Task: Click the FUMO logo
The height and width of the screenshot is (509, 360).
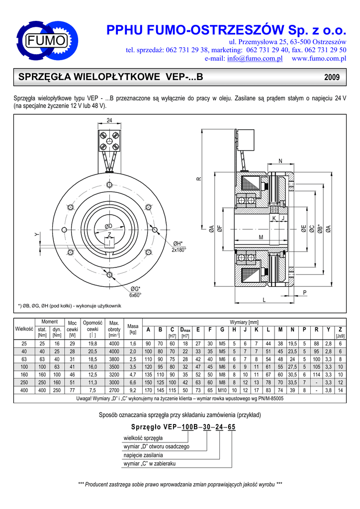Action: click(47, 40)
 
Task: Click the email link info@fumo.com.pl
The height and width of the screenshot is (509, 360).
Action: click(255, 59)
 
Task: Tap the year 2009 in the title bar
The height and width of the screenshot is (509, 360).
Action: click(332, 77)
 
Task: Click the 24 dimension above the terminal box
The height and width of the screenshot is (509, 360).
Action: click(109, 120)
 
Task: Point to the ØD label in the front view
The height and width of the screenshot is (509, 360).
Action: click(108, 226)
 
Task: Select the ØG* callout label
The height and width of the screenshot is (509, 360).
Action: click(135, 289)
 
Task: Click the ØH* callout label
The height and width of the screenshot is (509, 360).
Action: click(178, 244)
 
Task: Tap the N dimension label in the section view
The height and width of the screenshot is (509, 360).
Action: click(280, 161)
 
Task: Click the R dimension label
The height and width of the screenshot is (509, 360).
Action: click(199, 179)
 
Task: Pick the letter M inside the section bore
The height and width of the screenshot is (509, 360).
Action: click(261, 237)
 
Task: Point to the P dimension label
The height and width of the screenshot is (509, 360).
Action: click(305, 292)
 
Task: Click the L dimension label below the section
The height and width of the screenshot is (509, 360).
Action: click(264, 300)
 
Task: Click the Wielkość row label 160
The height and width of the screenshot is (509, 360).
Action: click(24, 375)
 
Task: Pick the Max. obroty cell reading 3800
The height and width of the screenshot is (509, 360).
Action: click(114, 359)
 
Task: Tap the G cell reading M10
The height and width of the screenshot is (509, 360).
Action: click(222, 390)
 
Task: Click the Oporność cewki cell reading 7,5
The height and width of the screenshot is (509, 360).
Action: click(92, 390)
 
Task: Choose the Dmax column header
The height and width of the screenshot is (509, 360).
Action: click(185, 330)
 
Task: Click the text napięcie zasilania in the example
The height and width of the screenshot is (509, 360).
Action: click(143, 455)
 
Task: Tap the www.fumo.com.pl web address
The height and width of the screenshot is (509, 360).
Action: click(319, 59)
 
